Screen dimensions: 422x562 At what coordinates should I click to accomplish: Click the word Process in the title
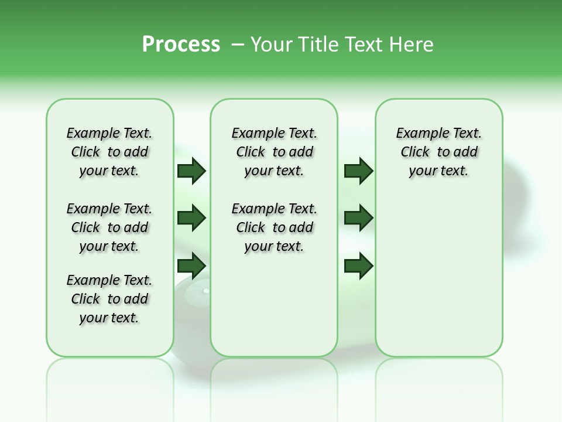[x=181, y=45]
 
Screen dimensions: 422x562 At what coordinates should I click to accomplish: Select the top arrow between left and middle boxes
[x=191, y=171]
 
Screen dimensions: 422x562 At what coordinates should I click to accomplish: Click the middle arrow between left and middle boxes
[x=191, y=219]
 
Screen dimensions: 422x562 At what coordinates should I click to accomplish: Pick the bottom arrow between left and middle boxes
[x=191, y=266]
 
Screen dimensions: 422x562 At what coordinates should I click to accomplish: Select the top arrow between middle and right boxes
[x=358, y=171]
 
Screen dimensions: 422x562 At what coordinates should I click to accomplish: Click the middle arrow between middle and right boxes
[x=358, y=219]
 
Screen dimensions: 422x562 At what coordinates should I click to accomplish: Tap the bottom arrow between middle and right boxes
[x=358, y=266]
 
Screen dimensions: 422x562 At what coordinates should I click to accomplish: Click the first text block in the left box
[x=109, y=152]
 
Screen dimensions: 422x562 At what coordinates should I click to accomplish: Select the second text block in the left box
[x=109, y=227]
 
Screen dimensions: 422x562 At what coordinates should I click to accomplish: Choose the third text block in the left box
[x=109, y=299]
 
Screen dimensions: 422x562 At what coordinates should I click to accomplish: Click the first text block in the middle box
[x=275, y=152]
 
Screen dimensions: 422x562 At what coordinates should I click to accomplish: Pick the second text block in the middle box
[x=275, y=227]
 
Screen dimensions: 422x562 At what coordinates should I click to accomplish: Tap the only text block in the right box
[x=439, y=152]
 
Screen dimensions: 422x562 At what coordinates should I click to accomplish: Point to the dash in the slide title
[x=238, y=45]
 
